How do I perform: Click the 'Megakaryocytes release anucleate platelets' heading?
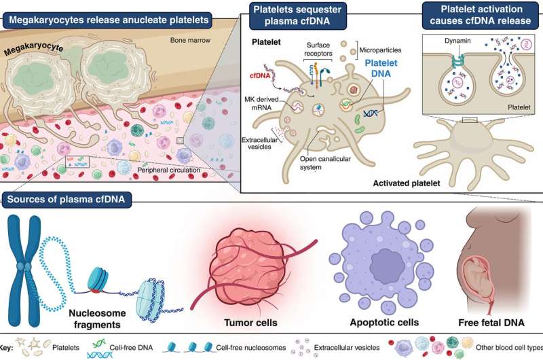click(109, 20)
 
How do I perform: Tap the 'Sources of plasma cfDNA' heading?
click(66, 200)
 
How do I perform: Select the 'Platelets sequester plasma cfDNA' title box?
click(297, 15)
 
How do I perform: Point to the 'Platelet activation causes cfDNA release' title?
click(481, 15)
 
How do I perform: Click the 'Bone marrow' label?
click(190, 40)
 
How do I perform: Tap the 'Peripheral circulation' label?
click(168, 170)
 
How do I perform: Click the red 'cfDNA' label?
click(260, 76)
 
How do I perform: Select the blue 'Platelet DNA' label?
click(381, 68)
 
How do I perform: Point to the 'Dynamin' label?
click(457, 41)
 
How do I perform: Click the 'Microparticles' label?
click(380, 50)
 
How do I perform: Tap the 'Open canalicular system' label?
click(325, 163)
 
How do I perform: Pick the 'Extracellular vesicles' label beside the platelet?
click(260, 143)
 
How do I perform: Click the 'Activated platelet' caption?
click(406, 183)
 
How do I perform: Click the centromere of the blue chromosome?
click(24, 267)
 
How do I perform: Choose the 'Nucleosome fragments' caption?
click(97, 319)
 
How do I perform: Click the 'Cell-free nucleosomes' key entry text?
click(250, 348)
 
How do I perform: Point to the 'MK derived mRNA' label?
click(261, 103)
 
